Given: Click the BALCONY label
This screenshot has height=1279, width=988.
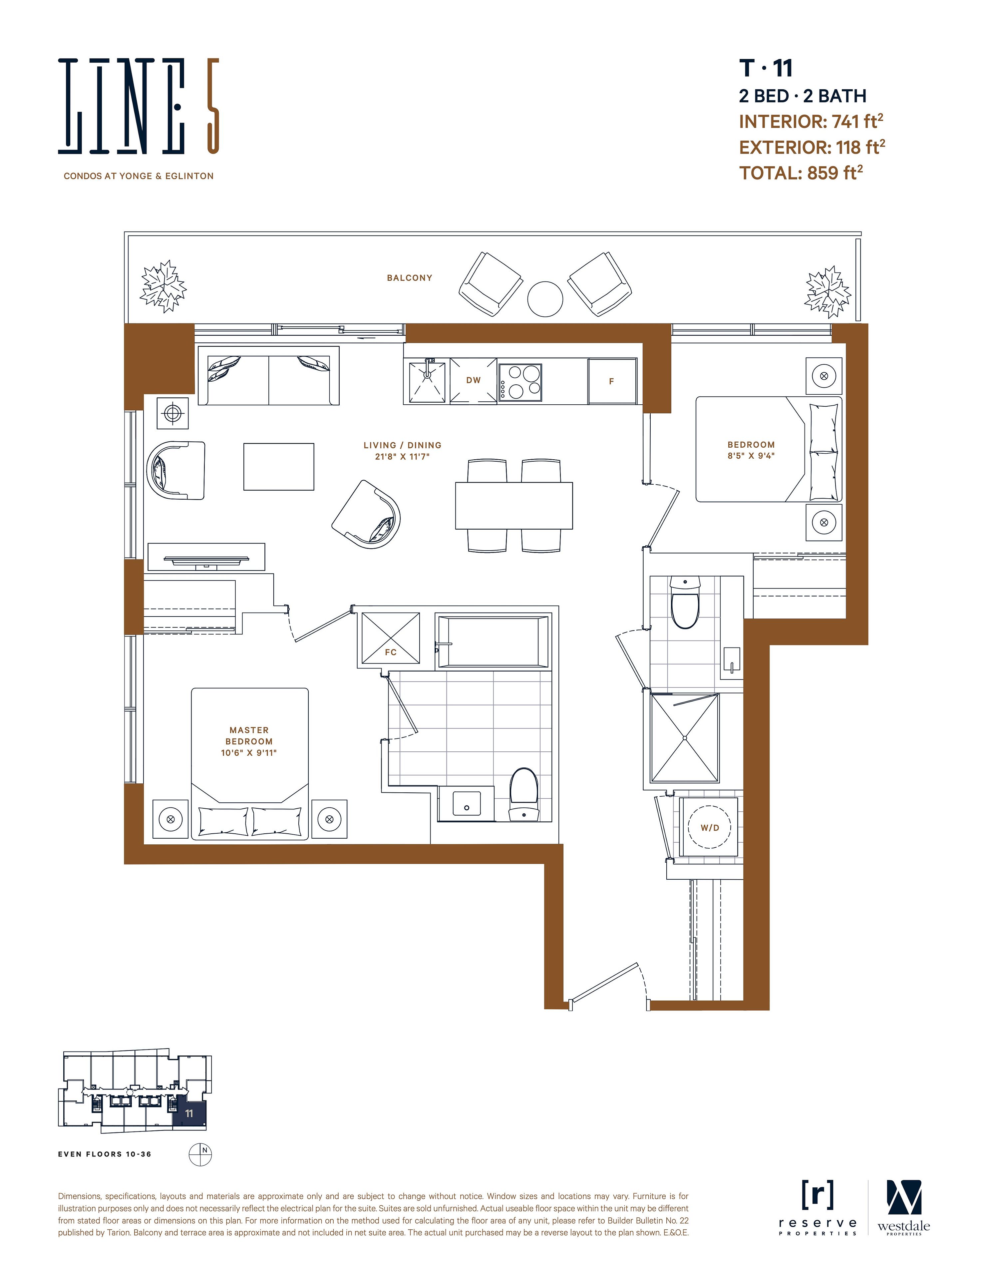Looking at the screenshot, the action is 409,278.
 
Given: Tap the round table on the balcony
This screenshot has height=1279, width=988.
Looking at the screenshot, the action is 545,299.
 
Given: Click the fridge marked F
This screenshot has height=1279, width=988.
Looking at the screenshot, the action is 612,381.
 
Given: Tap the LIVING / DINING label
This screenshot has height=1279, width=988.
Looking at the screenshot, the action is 402,445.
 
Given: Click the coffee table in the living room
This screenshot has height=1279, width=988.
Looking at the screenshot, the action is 279,467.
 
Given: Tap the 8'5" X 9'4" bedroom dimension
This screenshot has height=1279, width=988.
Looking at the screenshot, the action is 751,456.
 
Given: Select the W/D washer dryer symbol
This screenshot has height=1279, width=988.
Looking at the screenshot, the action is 710,828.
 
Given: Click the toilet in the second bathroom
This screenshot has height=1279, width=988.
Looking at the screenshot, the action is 685,602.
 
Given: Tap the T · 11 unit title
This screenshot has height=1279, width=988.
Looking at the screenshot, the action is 766,69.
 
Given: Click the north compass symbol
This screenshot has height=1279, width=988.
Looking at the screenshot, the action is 200,1154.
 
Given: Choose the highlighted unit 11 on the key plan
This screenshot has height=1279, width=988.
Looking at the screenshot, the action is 189,1113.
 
